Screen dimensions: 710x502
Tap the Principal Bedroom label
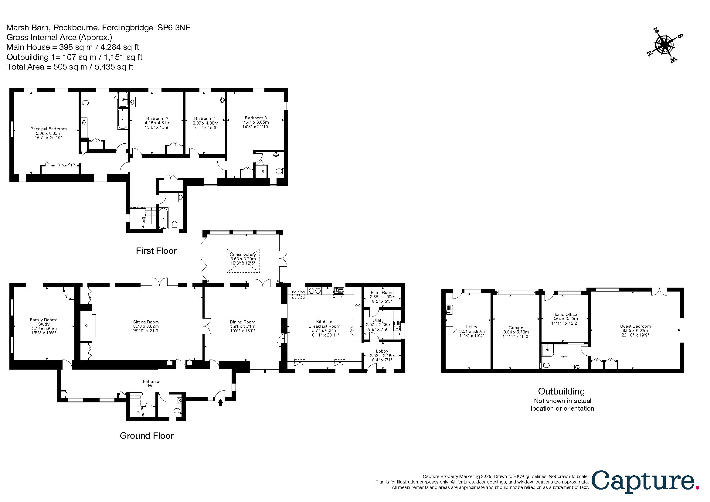(x=48, y=133)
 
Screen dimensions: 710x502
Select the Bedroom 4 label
(x=205, y=123)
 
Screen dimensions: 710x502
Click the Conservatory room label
(x=243, y=259)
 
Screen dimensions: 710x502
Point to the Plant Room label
(x=382, y=297)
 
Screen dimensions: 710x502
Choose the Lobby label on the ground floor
(x=382, y=355)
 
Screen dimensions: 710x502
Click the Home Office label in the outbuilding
(x=565, y=319)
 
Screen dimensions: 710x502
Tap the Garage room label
(x=516, y=332)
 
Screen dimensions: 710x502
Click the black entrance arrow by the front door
(x=220, y=402)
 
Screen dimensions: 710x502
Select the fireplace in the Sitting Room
(x=87, y=325)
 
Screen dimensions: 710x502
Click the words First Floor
(x=156, y=251)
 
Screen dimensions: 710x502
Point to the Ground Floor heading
(x=147, y=436)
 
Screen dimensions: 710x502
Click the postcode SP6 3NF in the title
(x=174, y=28)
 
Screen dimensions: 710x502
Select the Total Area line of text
(x=70, y=67)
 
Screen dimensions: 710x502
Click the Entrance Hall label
(x=151, y=384)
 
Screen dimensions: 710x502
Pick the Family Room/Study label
(x=44, y=326)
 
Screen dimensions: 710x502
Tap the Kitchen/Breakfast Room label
(x=324, y=328)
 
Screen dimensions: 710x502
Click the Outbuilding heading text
(x=561, y=391)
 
